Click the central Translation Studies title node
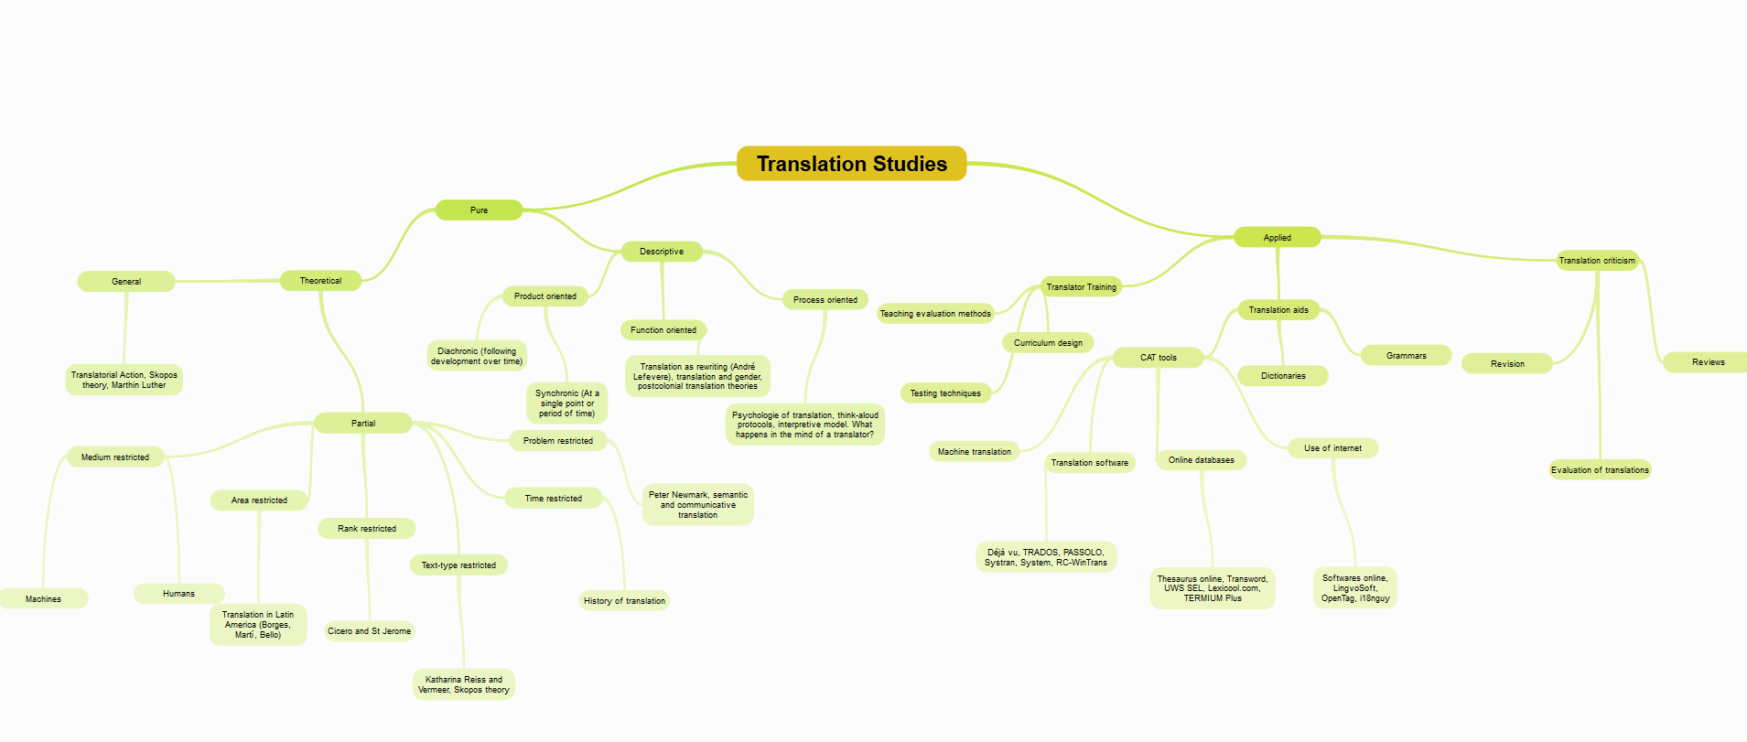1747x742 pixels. [x=851, y=164]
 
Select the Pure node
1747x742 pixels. [x=479, y=210]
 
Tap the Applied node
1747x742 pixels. [x=1277, y=238]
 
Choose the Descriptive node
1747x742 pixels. [x=661, y=252]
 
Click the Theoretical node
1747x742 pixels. [x=320, y=281]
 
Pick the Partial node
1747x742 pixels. [x=362, y=424]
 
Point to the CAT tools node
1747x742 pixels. [x=1158, y=358]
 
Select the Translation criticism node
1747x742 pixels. [x=1597, y=261]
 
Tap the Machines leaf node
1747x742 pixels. [x=43, y=599]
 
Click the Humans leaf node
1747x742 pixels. [x=178, y=594]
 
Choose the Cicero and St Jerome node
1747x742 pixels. [x=369, y=631]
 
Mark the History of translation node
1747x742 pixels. [x=624, y=601]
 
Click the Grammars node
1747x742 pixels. [x=1406, y=356]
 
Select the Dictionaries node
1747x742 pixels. [x=1283, y=376]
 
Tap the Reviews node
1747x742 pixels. [x=1708, y=362]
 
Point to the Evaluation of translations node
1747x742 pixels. [x=1600, y=470]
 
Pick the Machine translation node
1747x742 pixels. [x=974, y=452]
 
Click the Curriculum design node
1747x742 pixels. [x=1048, y=343]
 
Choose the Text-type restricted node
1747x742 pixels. [x=458, y=565]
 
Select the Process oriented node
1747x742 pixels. [x=825, y=300]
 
